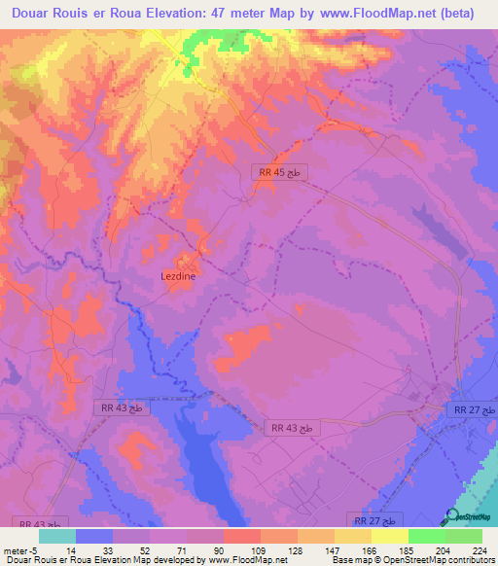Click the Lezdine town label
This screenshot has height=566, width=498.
click(178, 276)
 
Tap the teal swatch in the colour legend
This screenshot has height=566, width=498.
click(57, 536)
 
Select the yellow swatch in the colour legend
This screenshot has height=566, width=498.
click(389, 536)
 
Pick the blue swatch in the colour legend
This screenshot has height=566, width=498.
click(94, 536)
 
